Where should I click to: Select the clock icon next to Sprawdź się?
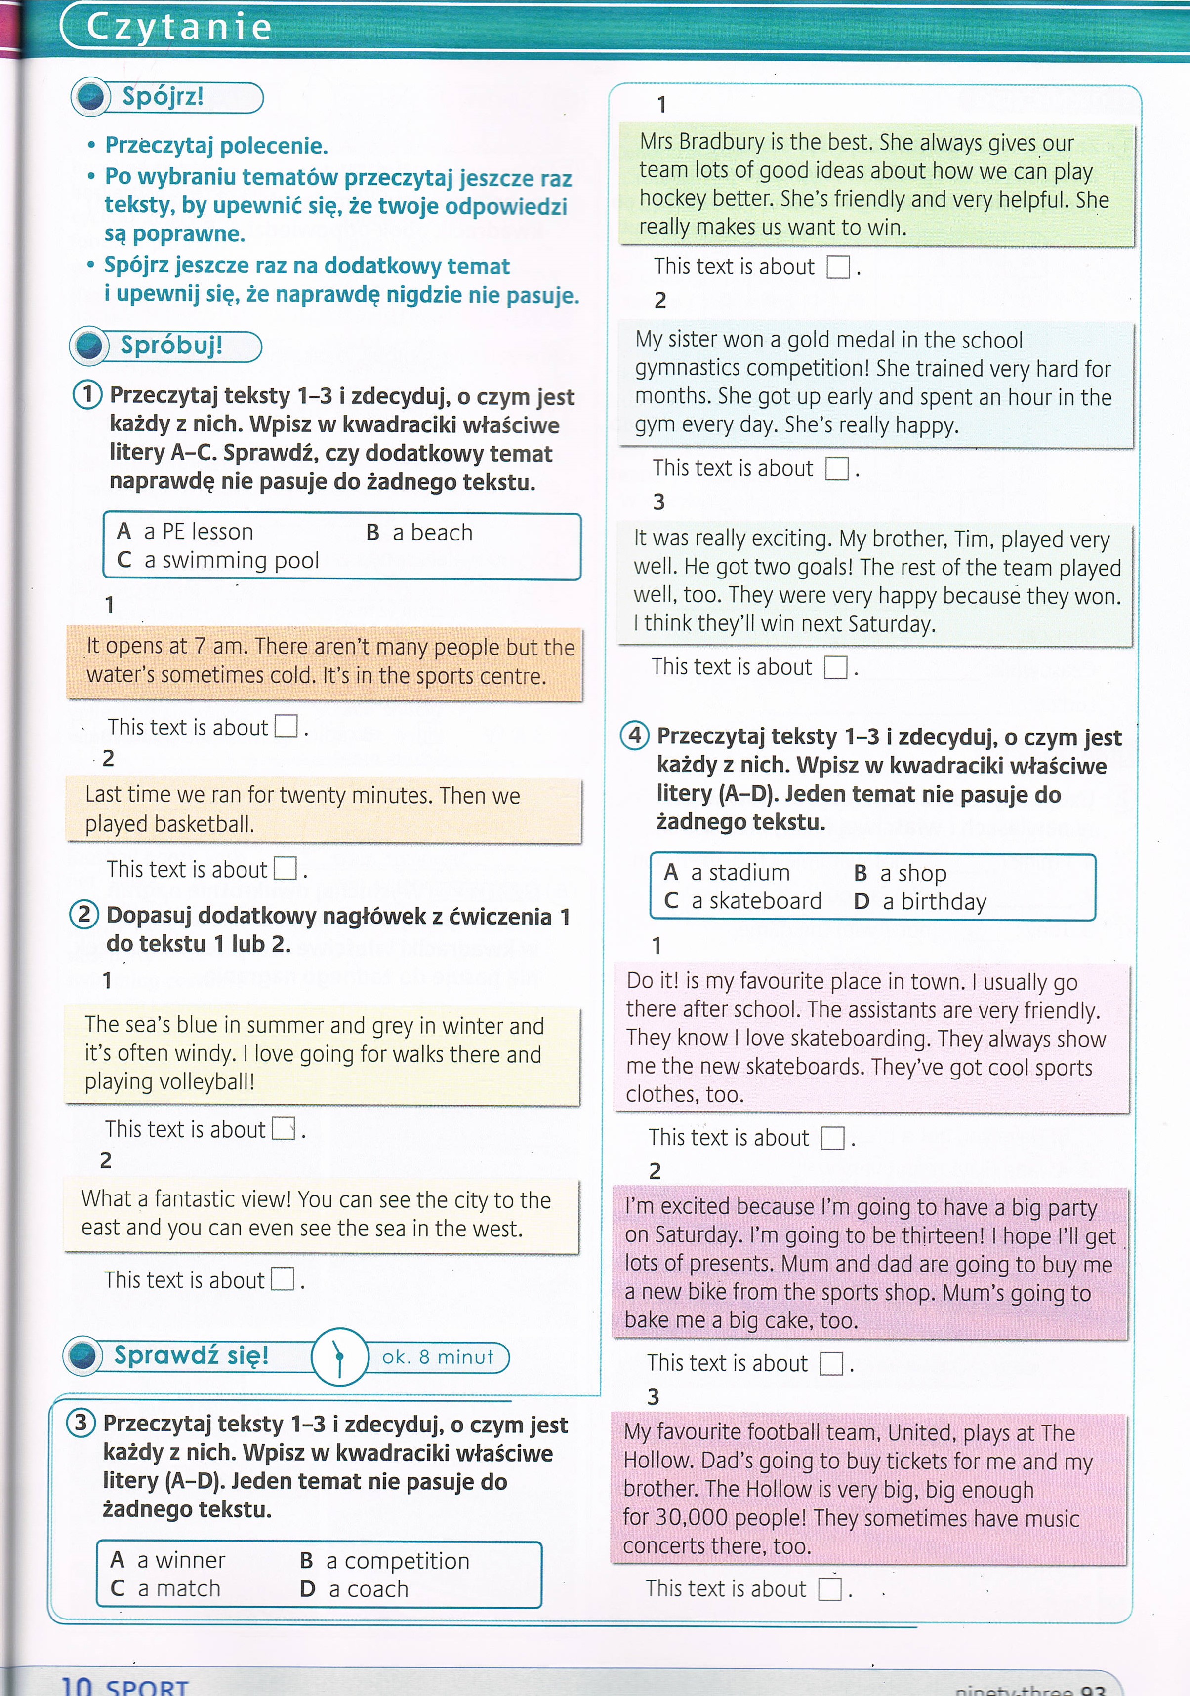(x=339, y=1356)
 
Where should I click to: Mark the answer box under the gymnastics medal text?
(x=837, y=468)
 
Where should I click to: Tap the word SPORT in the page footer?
(x=147, y=1687)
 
